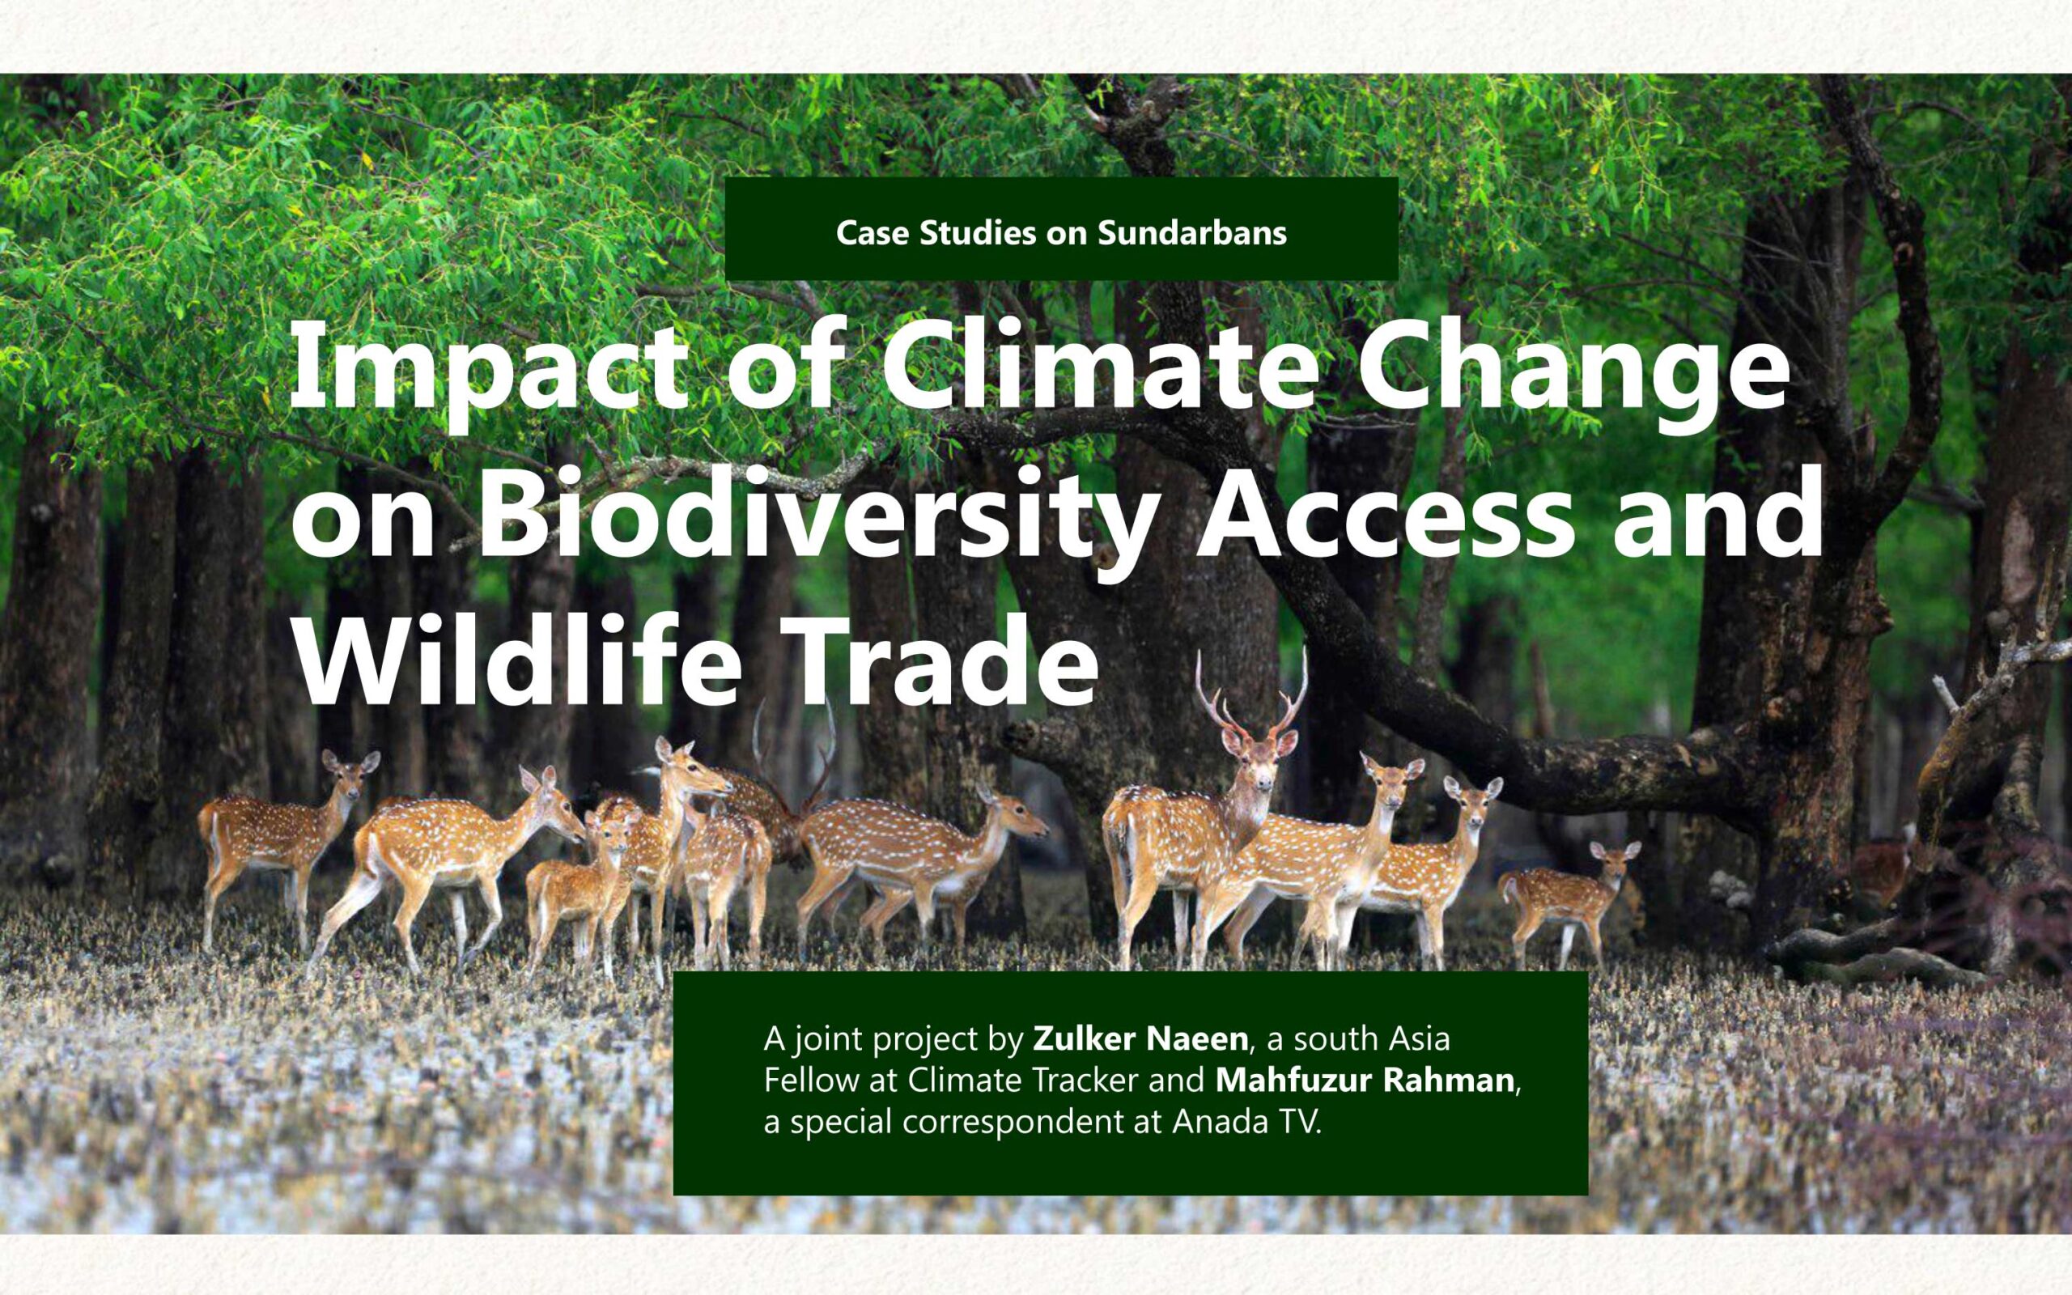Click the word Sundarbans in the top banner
[x=1192, y=233]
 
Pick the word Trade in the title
[x=948, y=659]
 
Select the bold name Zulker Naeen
[x=1140, y=1039]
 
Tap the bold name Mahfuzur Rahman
[x=1365, y=1080]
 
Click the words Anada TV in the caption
[x=1246, y=1122]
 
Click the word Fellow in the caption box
[x=813, y=1080]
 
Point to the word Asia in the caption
[x=1420, y=1039]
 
